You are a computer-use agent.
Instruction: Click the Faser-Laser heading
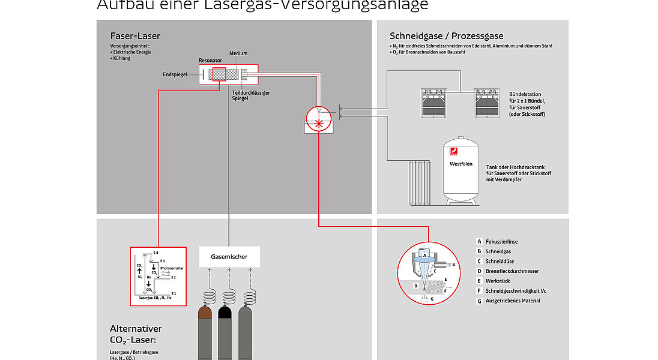pyautogui.click(x=135, y=36)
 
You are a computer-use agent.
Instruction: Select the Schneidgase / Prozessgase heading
pyautogui.click(x=446, y=36)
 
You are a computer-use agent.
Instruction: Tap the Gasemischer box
pyautogui.click(x=229, y=257)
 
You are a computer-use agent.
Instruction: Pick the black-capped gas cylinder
pyautogui.click(x=226, y=333)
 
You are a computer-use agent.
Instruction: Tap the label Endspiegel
pyautogui.click(x=175, y=75)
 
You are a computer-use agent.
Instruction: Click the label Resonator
pyautogui.click(x=210, y=61)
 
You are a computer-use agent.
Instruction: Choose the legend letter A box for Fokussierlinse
pyautogui.click(x=479, y=242)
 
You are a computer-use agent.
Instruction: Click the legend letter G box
pyautogui.click(x=479, y=301)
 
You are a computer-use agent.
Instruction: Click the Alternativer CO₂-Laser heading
pyautogui.click(x=136, y=334)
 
